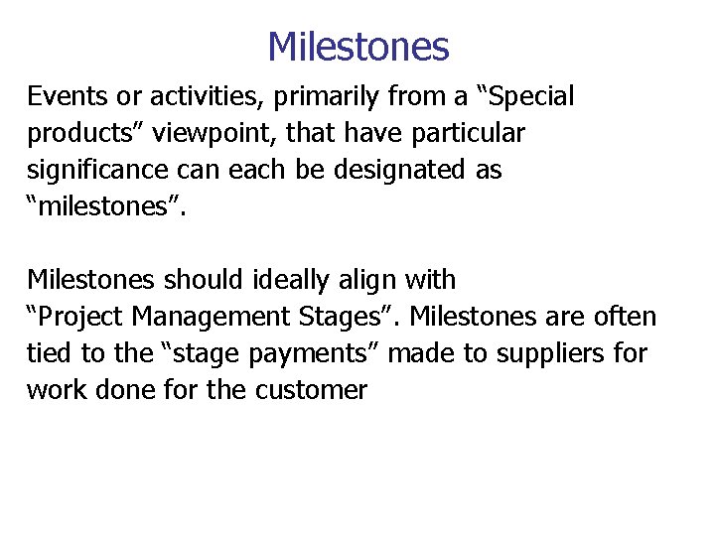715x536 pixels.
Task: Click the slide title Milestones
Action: (357, 47)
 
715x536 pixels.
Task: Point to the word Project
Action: (85, 317)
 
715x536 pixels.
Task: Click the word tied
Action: (48, 353)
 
